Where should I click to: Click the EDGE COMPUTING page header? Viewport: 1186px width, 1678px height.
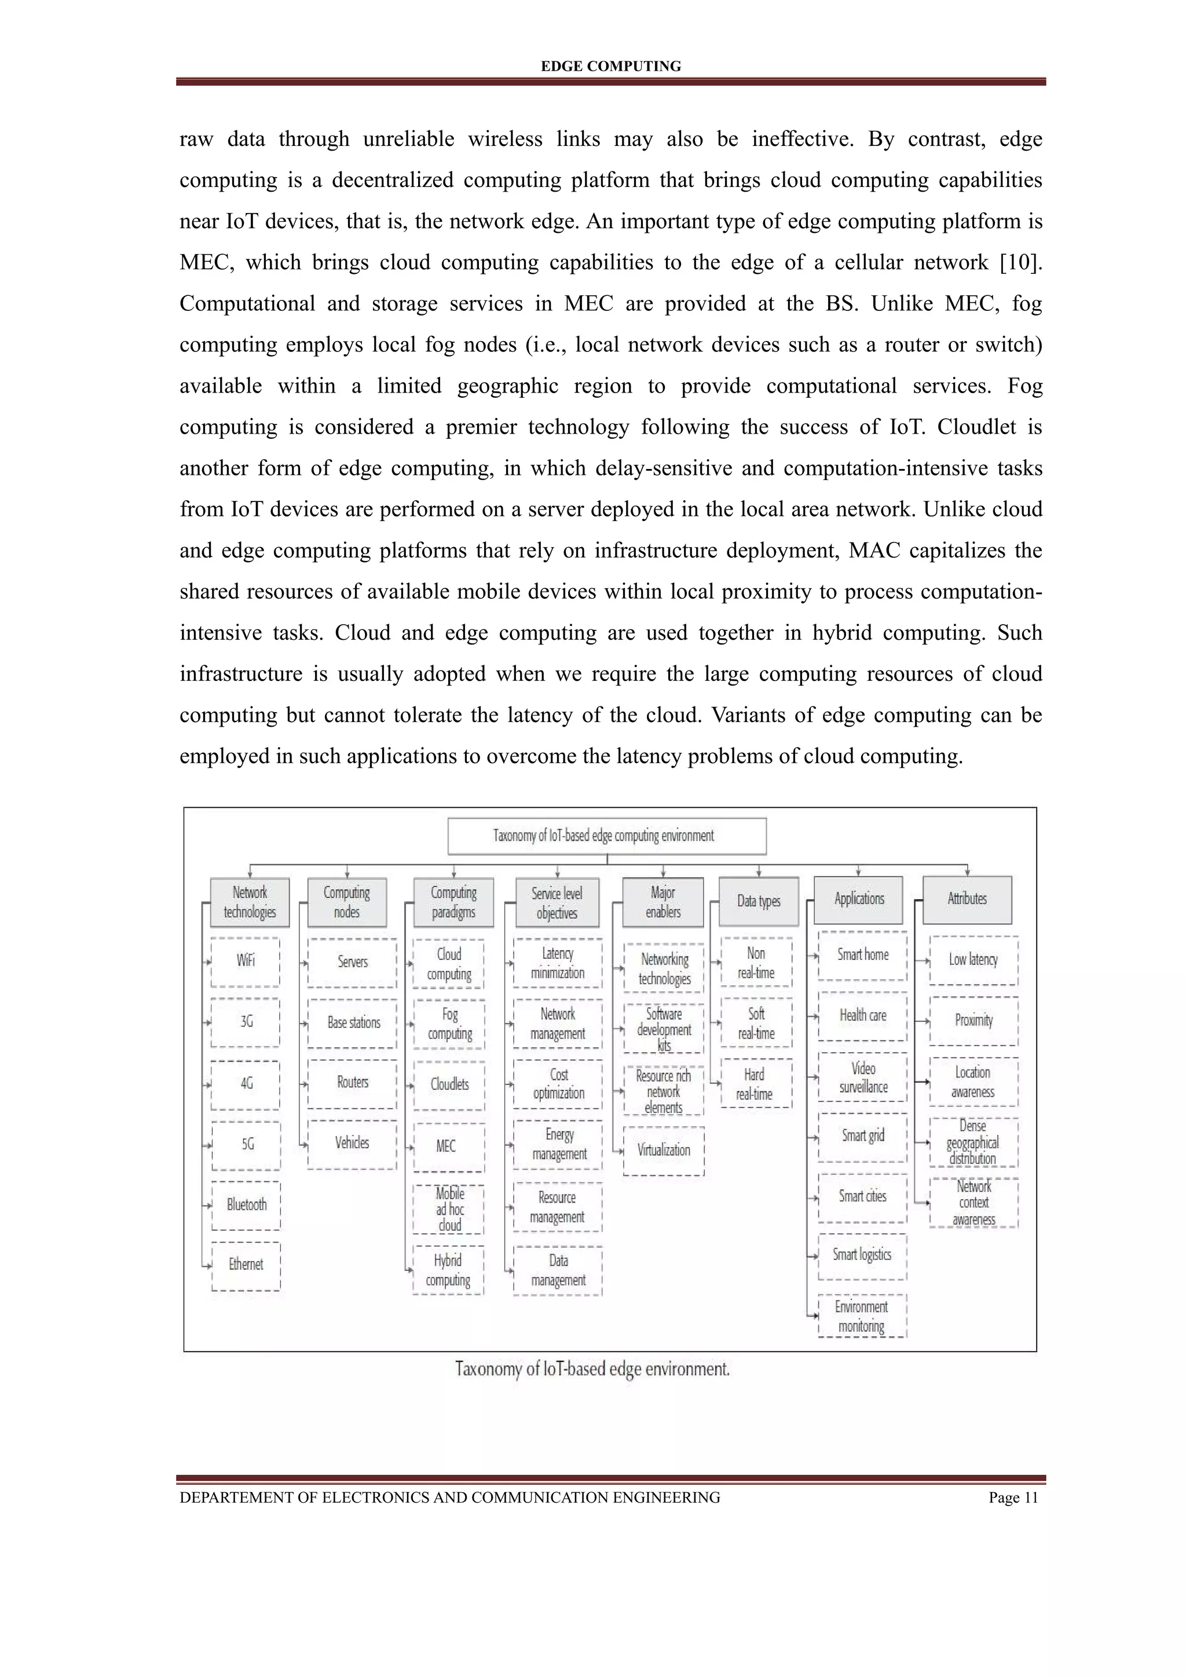coord(610,67)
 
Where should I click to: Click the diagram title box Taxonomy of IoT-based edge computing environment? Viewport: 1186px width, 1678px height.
coord(606,836)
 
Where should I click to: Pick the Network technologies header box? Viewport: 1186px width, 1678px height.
coord(250,902)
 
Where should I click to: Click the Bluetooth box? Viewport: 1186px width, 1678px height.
coord(246,1204)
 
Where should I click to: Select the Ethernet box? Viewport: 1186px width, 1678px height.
coord(246,1265)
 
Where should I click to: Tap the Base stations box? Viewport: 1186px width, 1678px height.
coord(353,1023)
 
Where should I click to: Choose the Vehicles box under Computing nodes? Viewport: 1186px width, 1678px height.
coord(352,1143)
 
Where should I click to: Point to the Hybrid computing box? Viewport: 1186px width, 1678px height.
coord(448,1270)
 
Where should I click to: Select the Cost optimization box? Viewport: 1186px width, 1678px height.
coord(558,1084)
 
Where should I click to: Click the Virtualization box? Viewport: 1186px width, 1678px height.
coord(664,1151)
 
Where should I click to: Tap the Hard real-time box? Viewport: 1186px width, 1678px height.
coord(756,1084)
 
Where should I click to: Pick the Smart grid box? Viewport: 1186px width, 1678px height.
coord(862,1135)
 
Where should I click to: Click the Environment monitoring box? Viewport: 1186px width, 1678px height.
coord(862,1316)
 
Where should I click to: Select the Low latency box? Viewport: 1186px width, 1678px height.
coord(973,959)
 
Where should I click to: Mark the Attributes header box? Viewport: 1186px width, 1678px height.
coord(968,900)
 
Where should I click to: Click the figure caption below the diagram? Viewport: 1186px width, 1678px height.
coord(592,1369)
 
